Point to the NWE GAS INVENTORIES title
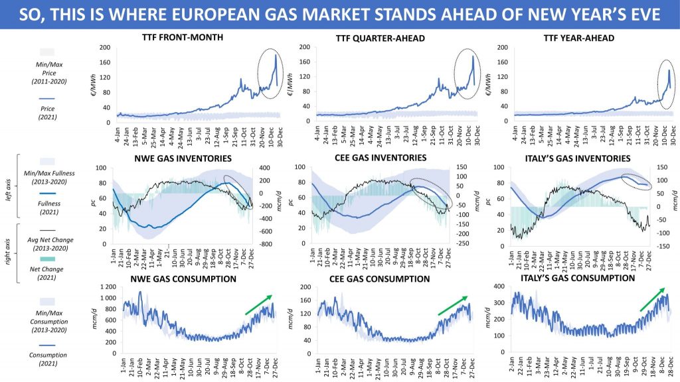(182, 159)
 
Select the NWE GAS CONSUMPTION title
(181, 279)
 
